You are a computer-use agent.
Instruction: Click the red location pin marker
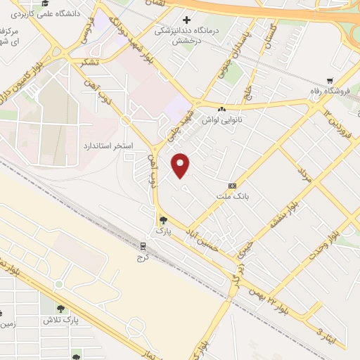point(181,165)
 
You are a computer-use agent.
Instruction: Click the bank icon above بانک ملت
point(231,186)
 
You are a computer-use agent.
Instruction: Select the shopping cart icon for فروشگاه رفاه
point(330,81)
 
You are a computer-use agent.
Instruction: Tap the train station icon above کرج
point(143,245)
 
